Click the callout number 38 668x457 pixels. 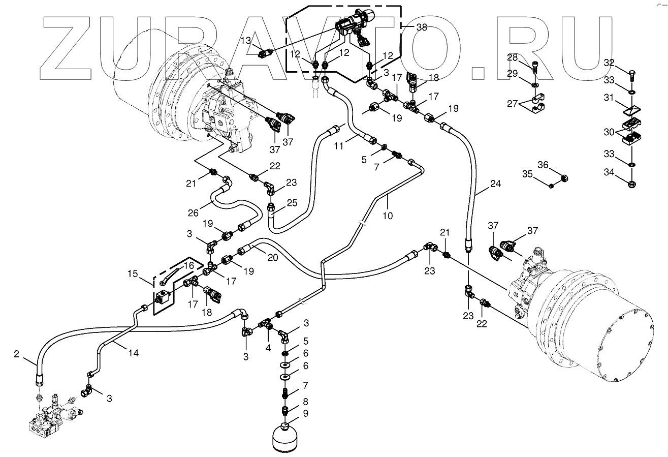pyautogui.click(x=421, y=28)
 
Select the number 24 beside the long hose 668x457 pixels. pyautogui.click(x=495, y=184)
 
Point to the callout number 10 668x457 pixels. pyautogui.click(x=388, y=216)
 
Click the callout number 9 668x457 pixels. pyautogui.click(x=305, y=413)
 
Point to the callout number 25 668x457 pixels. pyautogui.click(x=292, y=203)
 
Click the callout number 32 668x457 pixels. pyautogui.click(x=609, y=63)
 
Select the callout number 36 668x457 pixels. pyautogui.click(x=543, y=164)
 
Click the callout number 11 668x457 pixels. pyautogui.click(x=339, y=145)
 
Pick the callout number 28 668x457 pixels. pyautogui.click(x=512, y=57)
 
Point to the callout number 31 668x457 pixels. pyautogui.click(x=609, y=96)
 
